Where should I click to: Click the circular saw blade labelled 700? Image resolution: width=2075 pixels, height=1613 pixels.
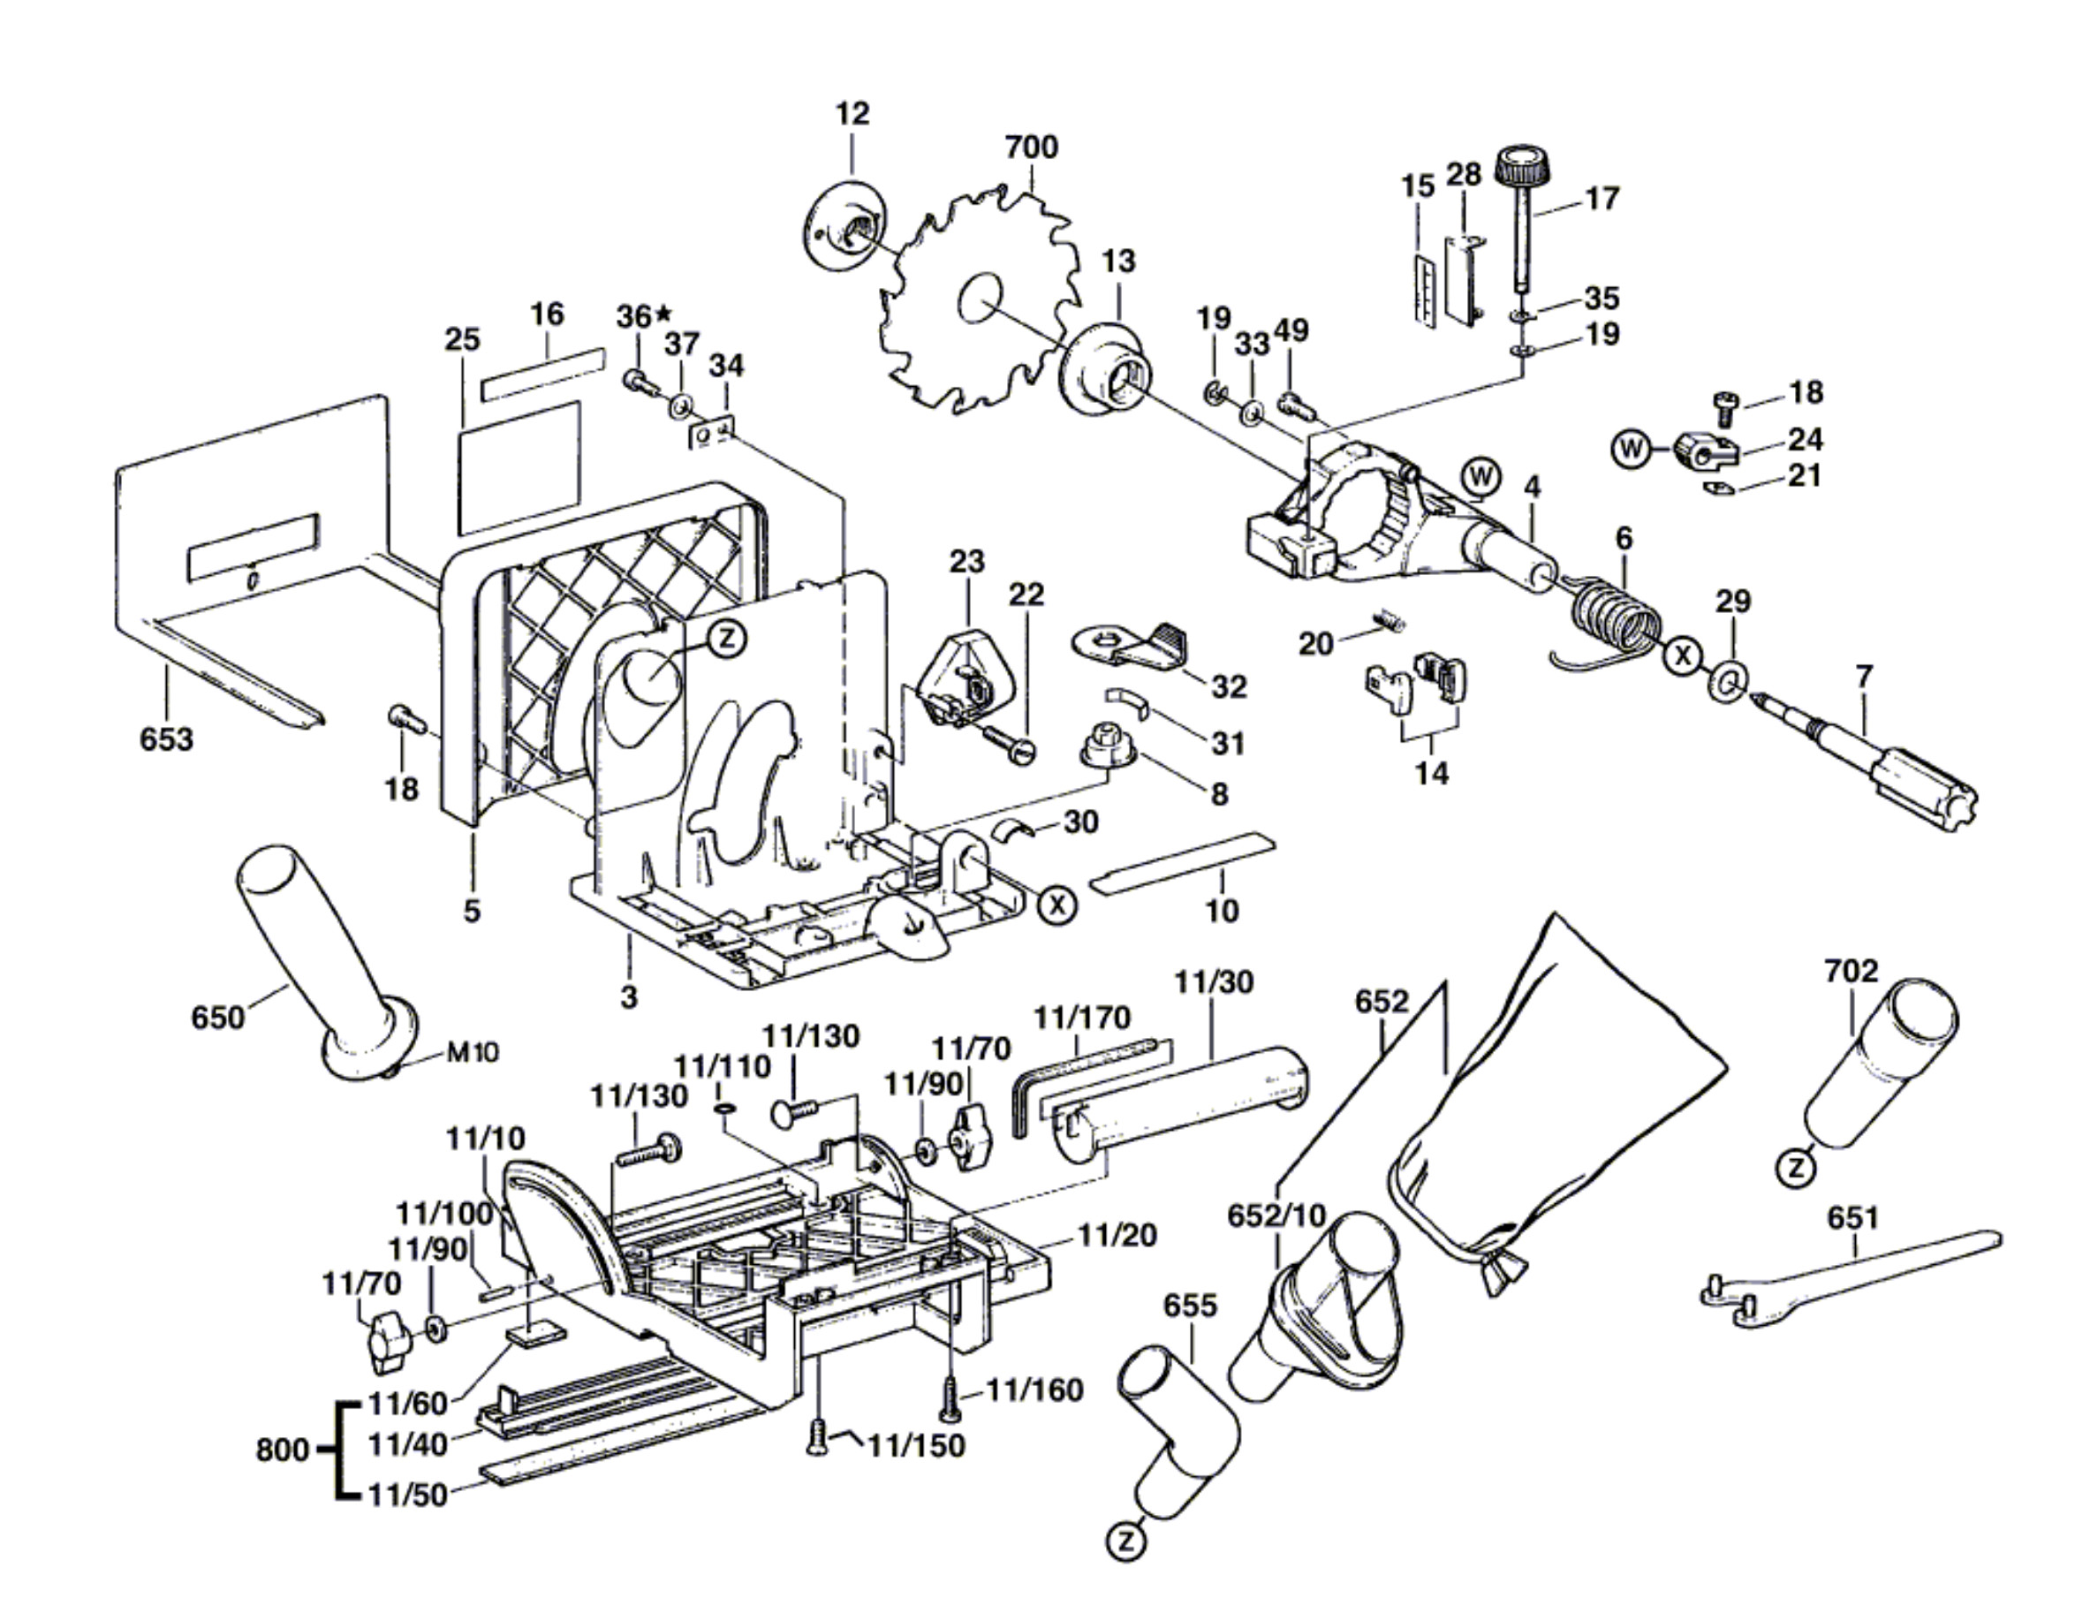[979, 304]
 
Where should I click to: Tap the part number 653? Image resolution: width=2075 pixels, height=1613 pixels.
[166, 738]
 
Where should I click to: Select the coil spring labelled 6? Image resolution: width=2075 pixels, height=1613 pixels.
[1615, 618]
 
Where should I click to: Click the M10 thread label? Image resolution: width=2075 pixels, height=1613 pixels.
[473, 1053]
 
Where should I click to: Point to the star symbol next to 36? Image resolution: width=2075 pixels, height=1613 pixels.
[663, 312]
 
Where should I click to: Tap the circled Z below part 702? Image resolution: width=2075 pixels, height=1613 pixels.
[1795, 1168]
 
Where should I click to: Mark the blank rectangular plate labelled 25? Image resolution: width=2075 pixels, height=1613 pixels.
[519, 466]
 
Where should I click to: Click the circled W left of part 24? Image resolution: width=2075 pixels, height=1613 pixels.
[1631, 448]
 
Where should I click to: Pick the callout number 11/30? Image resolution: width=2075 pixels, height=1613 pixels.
[1213, 981]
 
